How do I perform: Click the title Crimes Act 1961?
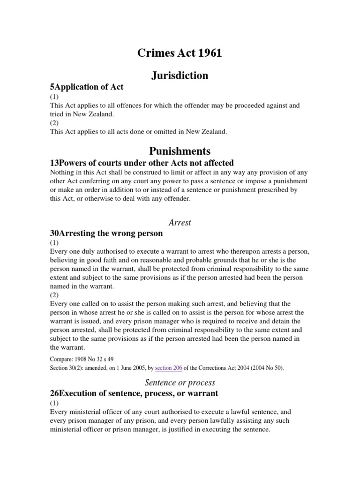(x=180, y=53)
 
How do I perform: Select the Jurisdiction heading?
(x=180, y=75)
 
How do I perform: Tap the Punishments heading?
(x=180, y=151)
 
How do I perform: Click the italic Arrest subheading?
(x=180, y=222)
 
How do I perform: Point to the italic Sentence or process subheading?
(x=180, y=382)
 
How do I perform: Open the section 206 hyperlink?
(x=174, y=368)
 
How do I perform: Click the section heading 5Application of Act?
(x=87, y=88)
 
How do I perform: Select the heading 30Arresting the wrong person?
(x=106, y=233)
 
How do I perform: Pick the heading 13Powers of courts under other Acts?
(x=142, y=163)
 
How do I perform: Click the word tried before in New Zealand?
(x=57, y=114)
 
